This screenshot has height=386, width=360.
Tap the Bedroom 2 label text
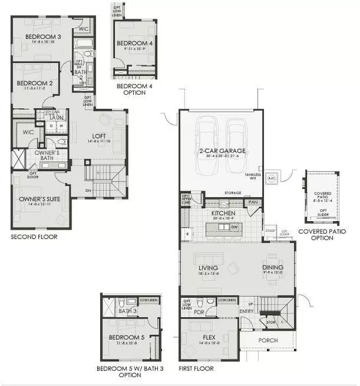31,83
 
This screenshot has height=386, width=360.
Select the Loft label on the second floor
91,136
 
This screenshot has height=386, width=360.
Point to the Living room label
208,269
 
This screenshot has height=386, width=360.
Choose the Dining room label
272,269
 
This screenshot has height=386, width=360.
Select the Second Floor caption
34,237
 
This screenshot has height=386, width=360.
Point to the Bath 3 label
127,311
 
